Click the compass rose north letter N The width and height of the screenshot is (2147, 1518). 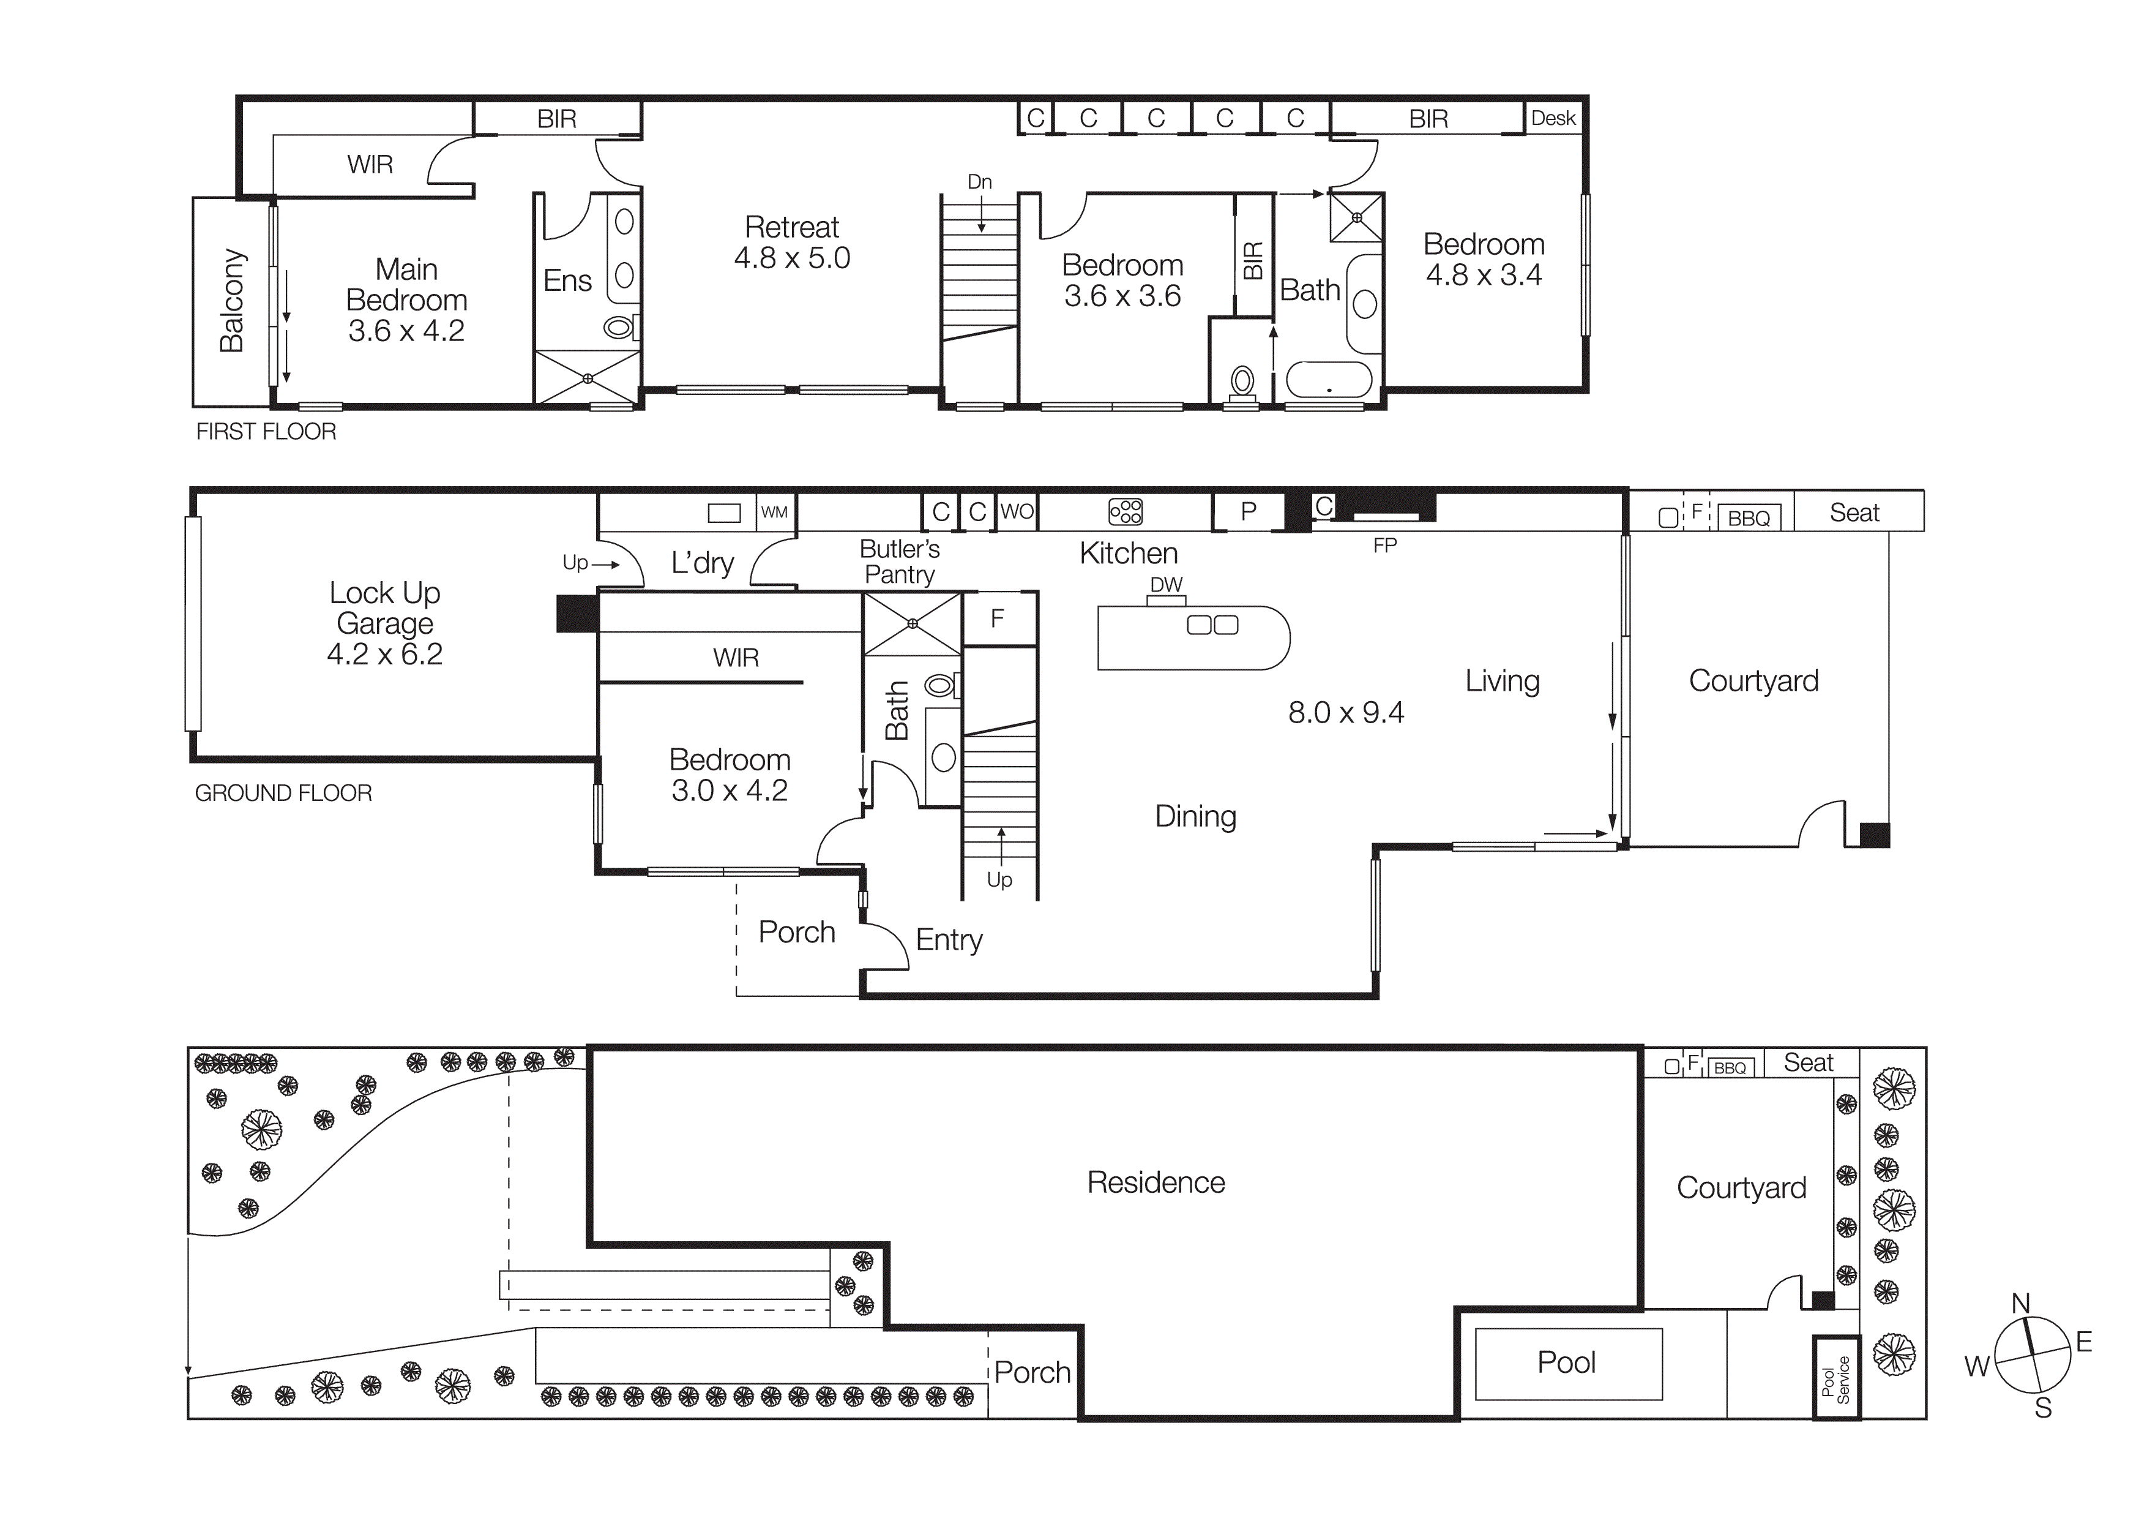click(x=2021, y=1304)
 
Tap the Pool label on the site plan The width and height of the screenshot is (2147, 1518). click(x=1567, y=1362)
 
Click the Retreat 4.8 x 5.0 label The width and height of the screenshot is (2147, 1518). click(x=792, y=242)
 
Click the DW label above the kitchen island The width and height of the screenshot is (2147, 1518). click(x=1166, y=585)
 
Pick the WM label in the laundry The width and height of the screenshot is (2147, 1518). click(x=774, y=513)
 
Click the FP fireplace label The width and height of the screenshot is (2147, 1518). click(x=1385, y=545)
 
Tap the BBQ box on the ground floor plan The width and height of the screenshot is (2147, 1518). click(x=1749, y=518)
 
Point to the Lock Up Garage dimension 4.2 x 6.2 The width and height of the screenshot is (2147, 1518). click(x=384, y=655)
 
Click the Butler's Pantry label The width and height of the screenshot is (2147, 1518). click(x=900, y=561)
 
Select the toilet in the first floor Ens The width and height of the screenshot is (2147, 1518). click(x=619, y=328)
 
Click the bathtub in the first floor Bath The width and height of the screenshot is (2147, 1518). click(x=1329, y=380)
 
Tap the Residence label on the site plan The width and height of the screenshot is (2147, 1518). click(x=1156, y=1183)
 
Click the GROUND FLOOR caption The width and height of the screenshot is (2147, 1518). click(x=283, y=793)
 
